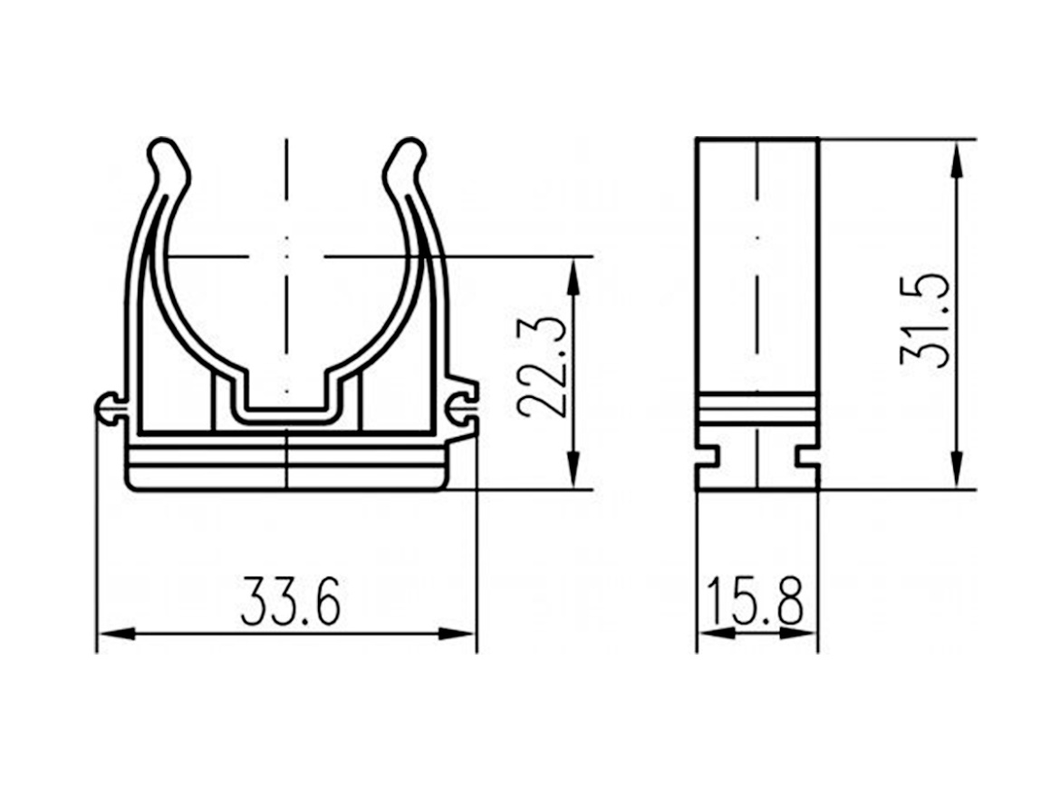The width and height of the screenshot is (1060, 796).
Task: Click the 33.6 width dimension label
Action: coord(291,600)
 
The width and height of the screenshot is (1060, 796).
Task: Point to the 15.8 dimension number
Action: coord(755,600)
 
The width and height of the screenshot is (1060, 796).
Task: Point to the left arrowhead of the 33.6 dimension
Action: coord(116,635)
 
